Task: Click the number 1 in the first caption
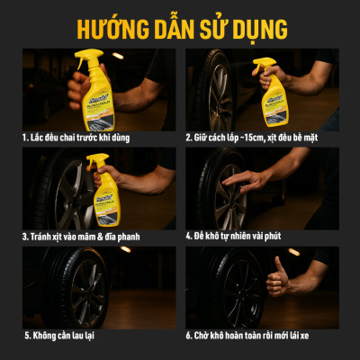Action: (26, 139)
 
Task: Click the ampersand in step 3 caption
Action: (111, 238)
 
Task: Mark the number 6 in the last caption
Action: (189, 336)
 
